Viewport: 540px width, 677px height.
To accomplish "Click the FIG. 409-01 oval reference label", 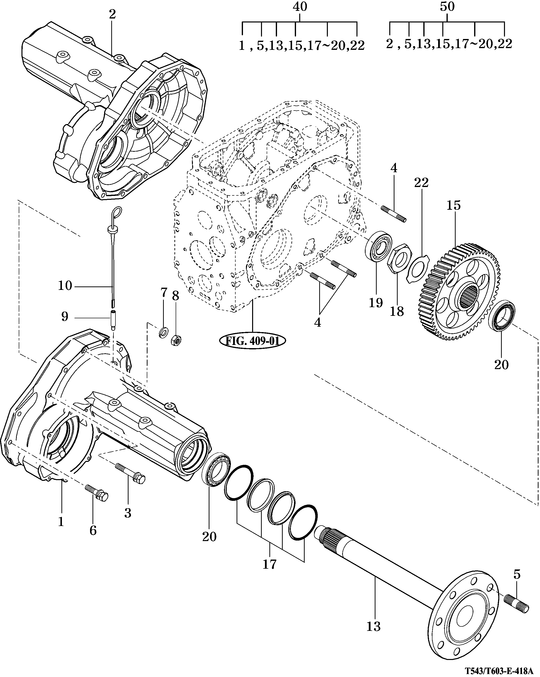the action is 252,341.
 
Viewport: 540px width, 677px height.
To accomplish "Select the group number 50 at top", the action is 447,7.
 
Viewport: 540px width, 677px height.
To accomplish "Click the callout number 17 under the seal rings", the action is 270,564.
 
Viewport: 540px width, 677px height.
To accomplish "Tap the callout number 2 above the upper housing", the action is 112,14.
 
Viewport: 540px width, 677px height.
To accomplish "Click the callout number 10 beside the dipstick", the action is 65,286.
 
